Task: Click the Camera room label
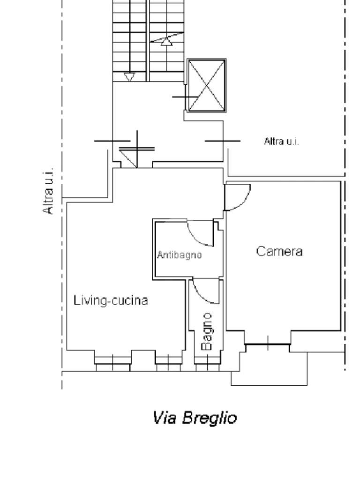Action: click(x=279, y=251)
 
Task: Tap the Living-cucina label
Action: click(x=111, y=300)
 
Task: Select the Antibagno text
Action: click(x=180, y=255)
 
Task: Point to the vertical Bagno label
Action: click(x=207, y=331)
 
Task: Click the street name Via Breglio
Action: click(x=195, y=418)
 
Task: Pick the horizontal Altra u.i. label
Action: click(x=281, y=142)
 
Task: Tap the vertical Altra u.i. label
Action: click(x=48, y=191)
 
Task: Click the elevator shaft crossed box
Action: click(x=207, y=85)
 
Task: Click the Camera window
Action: click(x=268, y=345)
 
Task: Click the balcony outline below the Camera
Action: click(x=269, y=384)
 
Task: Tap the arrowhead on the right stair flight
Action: click(x=166, y=42)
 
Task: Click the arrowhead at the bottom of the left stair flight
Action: click(x=129, y=77)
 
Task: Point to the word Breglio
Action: click(x=210, y=418)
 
